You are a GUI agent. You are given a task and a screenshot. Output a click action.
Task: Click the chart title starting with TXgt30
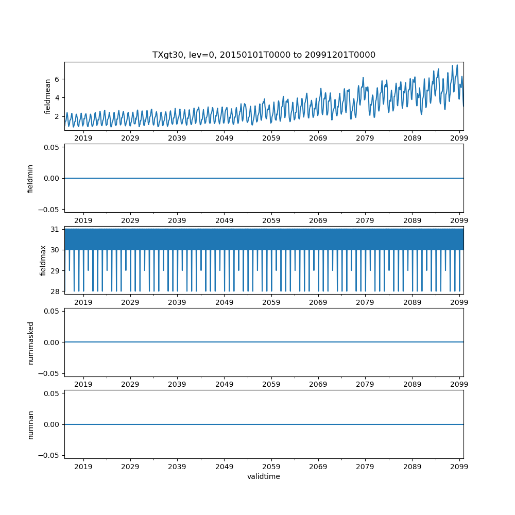[x=264, y=55]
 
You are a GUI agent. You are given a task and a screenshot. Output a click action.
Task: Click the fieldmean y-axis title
[x=47, y=96]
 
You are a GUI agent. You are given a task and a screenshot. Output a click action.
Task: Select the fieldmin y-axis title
[x=30, y=178]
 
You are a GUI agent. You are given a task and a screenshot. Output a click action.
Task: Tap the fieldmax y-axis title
[x=43, y=260]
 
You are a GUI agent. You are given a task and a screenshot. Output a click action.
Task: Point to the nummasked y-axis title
[x=30, y=342]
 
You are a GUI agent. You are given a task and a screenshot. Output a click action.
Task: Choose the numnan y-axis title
[x=30, y=424]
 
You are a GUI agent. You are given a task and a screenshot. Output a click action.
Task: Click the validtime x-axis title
[x=264, y=476]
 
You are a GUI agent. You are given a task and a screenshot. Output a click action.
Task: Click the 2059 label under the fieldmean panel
[x=271, y=138]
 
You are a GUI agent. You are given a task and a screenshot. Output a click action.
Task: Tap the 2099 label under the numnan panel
[x=459, y=466]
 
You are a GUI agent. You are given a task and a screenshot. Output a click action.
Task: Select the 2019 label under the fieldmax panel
[x=83, y=302]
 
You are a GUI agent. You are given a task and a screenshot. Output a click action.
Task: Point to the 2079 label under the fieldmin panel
[x=365, y=220]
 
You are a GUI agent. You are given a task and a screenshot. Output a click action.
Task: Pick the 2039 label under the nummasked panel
[x=177, y=384]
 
